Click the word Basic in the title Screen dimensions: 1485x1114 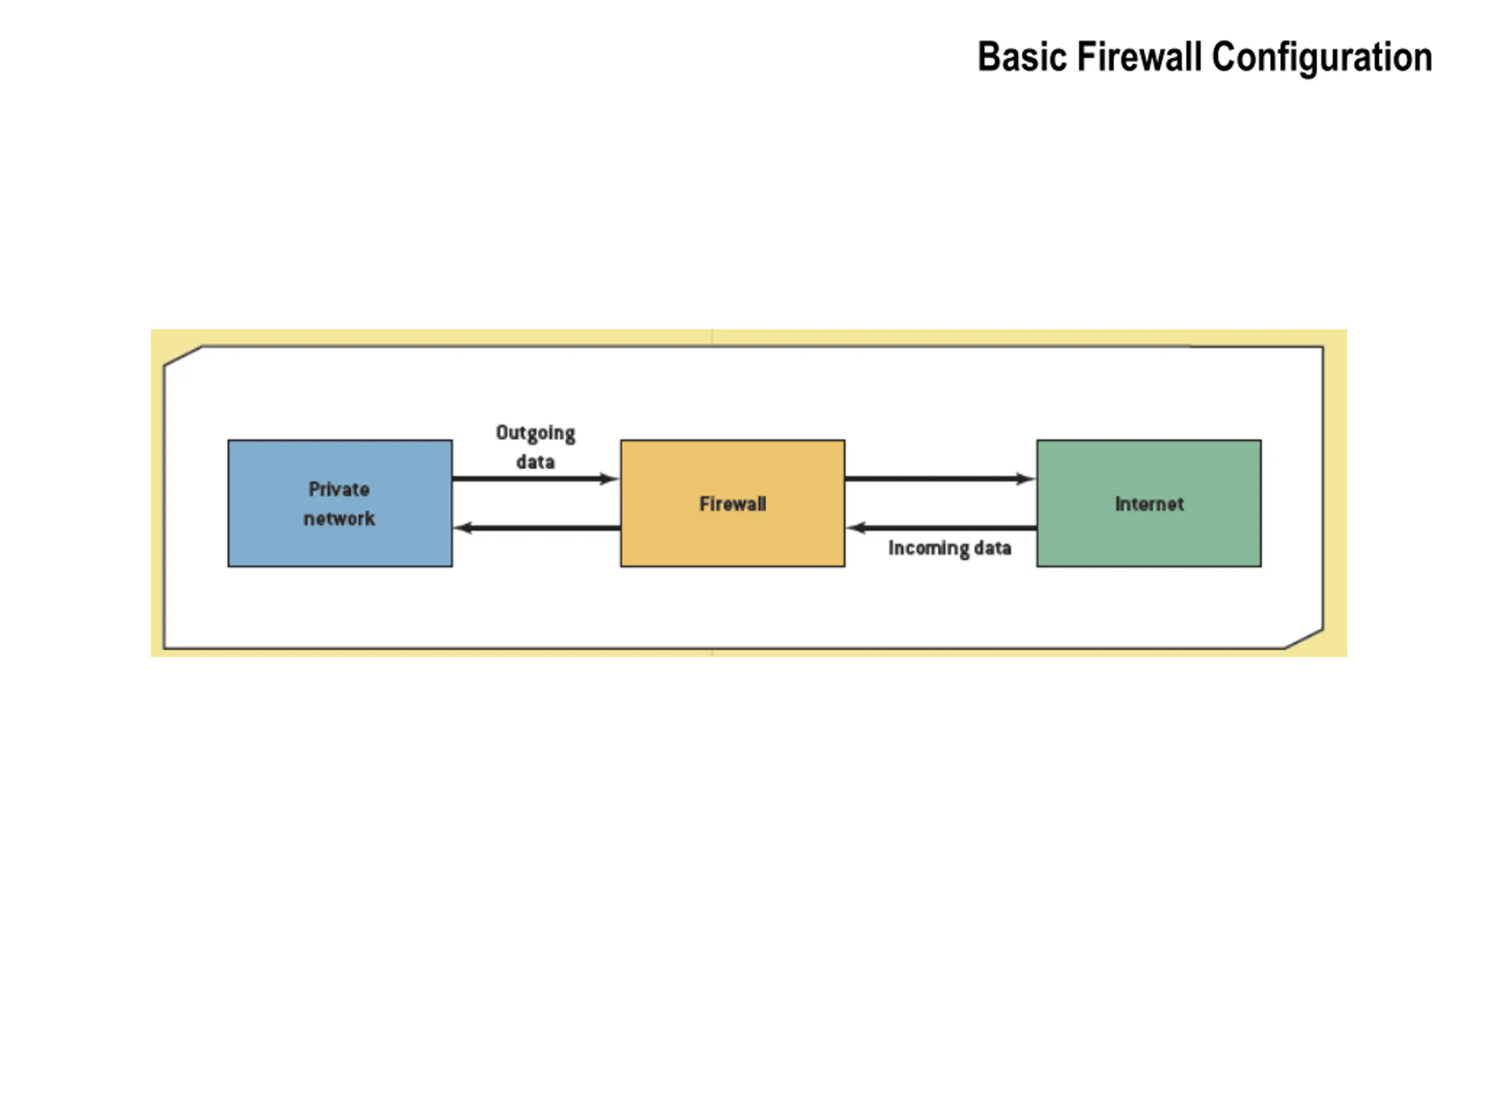coord(1022,57)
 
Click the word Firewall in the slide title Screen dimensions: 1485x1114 coord(1139,56)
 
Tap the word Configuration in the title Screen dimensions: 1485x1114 coord(1322,58)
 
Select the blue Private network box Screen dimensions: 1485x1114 coord(340,503)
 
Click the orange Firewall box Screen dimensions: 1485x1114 coord(733,503)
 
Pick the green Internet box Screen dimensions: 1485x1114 coord(1149,503)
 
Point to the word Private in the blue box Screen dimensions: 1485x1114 coord(339,489)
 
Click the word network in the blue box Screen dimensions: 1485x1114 coord(339,518)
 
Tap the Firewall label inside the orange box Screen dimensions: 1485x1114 coord(733,504)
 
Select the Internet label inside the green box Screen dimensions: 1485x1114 coord(1149,504)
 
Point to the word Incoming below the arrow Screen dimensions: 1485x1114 coord(929,549)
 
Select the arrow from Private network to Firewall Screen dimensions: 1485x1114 coord(535,479)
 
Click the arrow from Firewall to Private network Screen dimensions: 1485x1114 coord(537,528)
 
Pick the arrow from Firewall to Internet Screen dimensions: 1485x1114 coord(940,479)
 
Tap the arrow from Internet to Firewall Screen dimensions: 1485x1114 coord(941,528)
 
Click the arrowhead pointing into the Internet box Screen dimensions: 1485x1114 coord(1025,479)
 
